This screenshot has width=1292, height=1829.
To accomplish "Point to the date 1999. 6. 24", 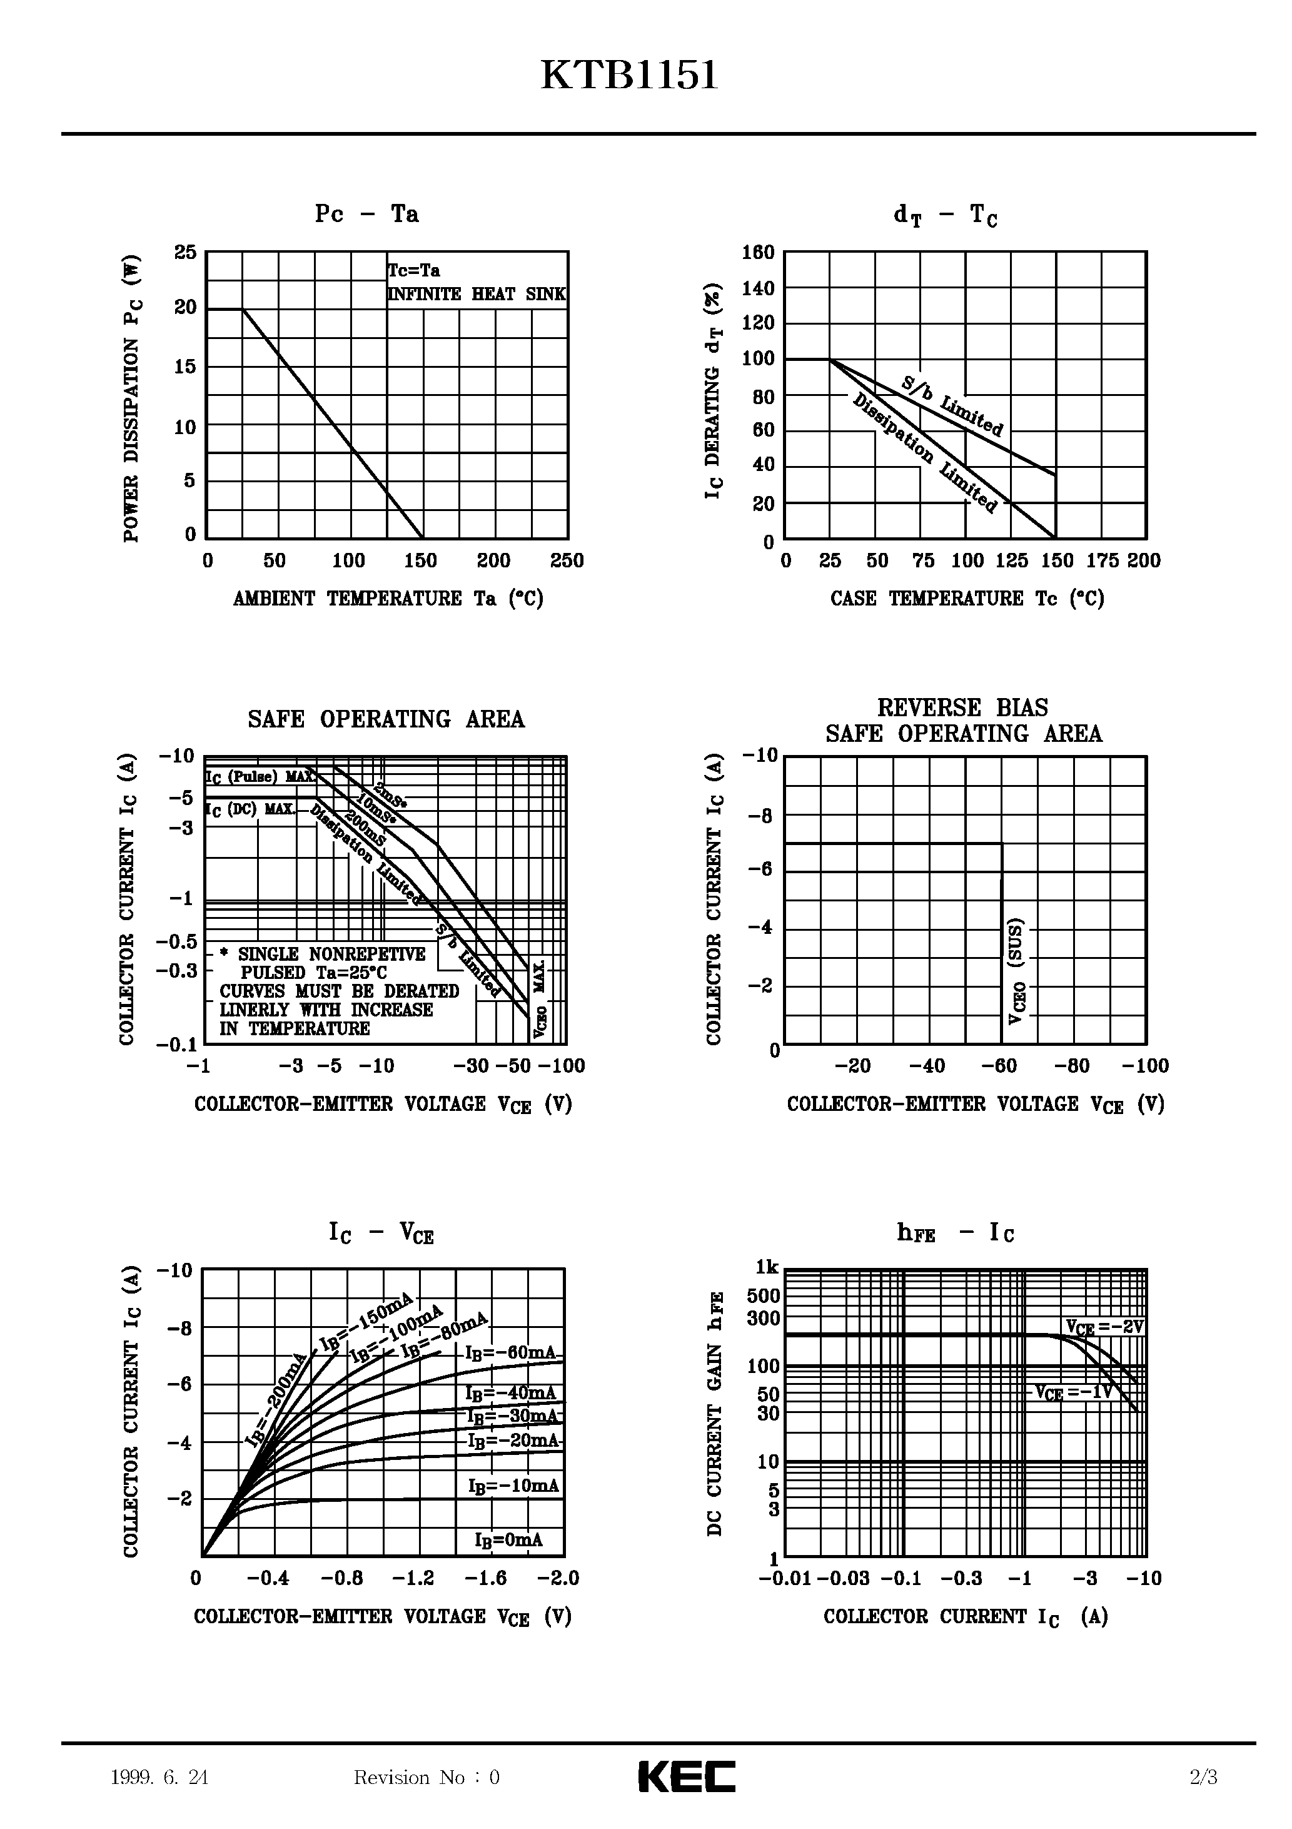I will (x=159, y=1777).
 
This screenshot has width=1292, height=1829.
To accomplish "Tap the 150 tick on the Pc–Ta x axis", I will (x=421, y=561).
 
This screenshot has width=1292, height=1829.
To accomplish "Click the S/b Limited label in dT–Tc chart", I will (x=952, y=405).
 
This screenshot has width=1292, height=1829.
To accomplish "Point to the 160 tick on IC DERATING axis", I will (x=759, y=253).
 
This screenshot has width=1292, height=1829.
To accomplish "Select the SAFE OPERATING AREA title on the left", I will (x=386, y=719).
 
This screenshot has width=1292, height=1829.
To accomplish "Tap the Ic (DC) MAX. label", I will (x=250, y=809).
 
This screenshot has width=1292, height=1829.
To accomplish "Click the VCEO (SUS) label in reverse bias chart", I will (x=1016, y=972).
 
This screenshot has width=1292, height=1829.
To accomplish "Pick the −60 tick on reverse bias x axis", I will (x=1000, y=1066).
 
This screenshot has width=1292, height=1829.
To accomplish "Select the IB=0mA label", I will (x=508, y=1540).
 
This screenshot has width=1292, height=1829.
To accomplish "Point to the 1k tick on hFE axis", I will (x=767, y=1267).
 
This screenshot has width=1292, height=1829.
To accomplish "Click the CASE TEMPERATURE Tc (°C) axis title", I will (x=967, y=598).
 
